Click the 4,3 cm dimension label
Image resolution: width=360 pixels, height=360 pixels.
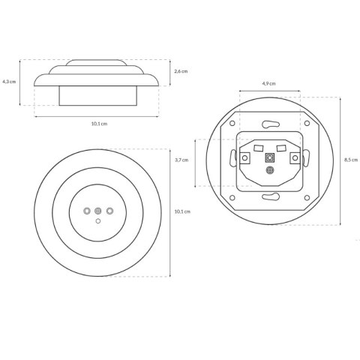9,82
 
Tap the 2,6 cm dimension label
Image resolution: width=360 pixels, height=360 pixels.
181,71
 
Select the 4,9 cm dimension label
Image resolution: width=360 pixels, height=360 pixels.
269,83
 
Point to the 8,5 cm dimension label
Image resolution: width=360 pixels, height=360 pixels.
351,160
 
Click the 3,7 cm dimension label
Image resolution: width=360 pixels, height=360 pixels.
181,160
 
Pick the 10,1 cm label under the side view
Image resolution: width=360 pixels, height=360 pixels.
99,124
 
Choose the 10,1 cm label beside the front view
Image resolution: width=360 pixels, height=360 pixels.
182,211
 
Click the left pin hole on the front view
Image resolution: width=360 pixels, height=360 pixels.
87,211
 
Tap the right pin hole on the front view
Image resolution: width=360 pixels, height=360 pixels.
109,211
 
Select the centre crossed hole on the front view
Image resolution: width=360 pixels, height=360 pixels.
98,211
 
